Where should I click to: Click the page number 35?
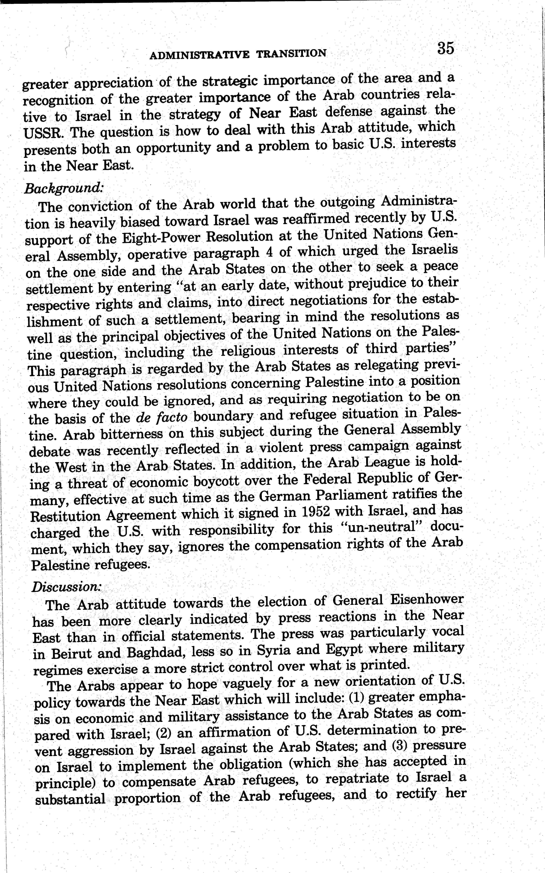coord(445,48)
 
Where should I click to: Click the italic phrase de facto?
coord(162,417)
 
